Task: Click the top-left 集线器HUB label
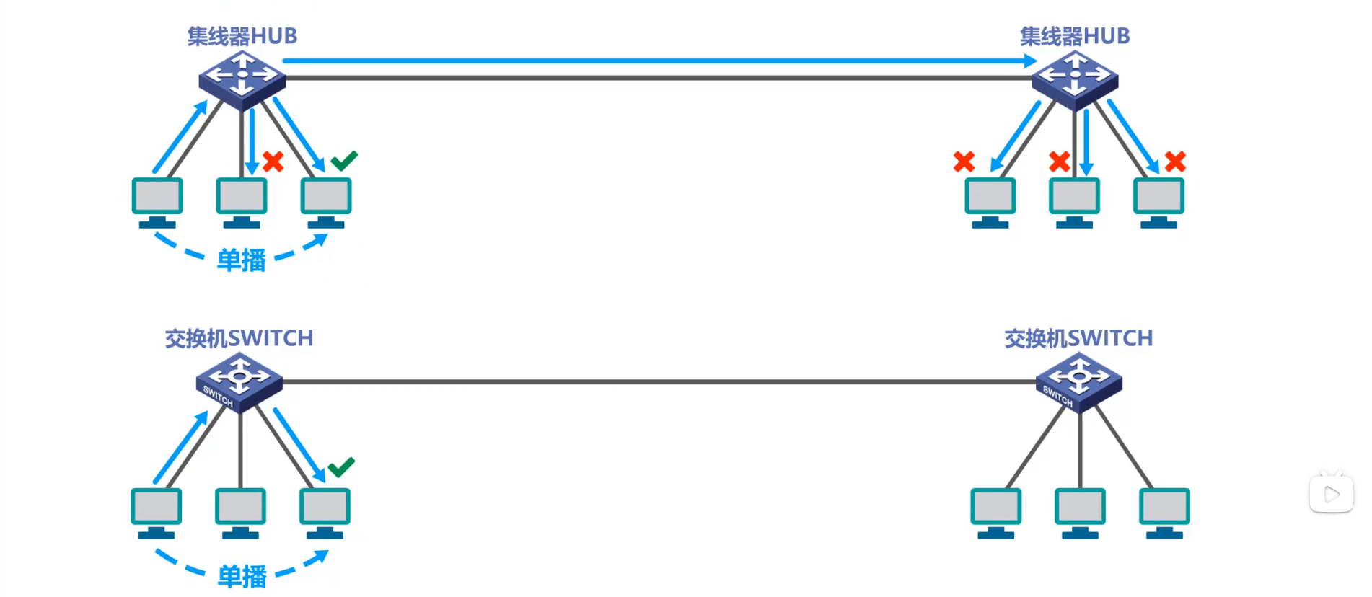(242, 36)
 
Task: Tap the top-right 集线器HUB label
(1074, 36)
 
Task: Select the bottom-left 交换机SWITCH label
(239, 338)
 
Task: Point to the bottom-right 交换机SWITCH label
(1078, 338)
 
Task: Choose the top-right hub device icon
(1075, 79)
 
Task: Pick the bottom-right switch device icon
(1079, 382)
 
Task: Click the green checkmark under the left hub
(344, 160)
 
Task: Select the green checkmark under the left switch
(341, 466)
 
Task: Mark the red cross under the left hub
(273, 162)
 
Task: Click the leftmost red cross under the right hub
(964, 162)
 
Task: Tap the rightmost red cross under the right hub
(1175, 162)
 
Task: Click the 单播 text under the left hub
(242, 260)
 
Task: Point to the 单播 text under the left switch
(242, 577)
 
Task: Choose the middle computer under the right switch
(1080, 513)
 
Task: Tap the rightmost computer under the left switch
(325, 513)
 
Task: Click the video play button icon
(1331, 494)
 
